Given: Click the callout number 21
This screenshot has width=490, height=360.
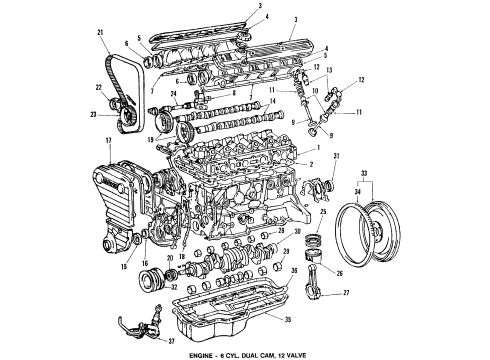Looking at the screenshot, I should coord(102,35).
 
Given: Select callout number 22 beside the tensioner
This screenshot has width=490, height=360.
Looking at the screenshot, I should coord(100,87).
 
